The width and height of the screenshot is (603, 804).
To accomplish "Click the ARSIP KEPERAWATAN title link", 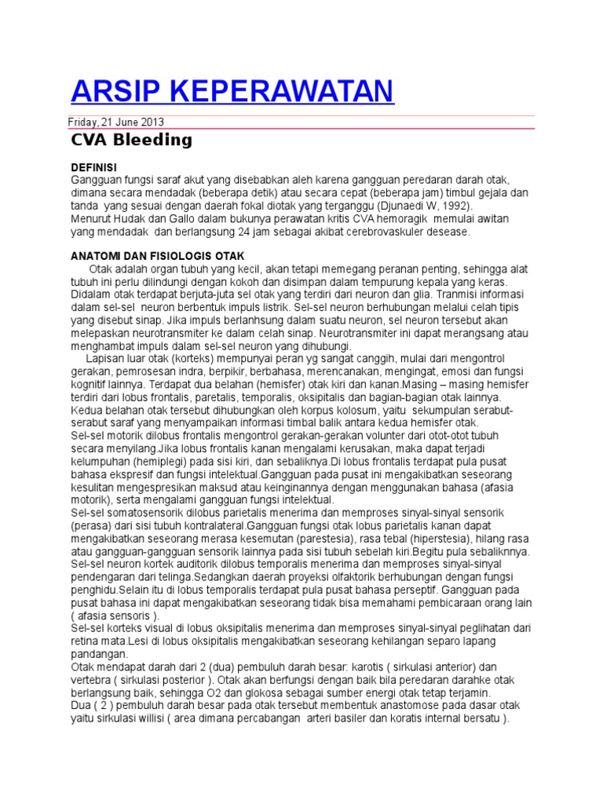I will (232, 91).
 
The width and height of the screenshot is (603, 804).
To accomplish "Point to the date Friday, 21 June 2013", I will (117, 122).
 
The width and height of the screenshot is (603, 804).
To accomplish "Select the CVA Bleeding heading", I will (131, 141).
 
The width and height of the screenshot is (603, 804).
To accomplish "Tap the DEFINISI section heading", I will (93, 167).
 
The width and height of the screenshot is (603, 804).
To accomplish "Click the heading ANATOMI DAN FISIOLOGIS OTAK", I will (158, 256).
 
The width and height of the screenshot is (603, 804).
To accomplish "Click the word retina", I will (86, 640).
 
